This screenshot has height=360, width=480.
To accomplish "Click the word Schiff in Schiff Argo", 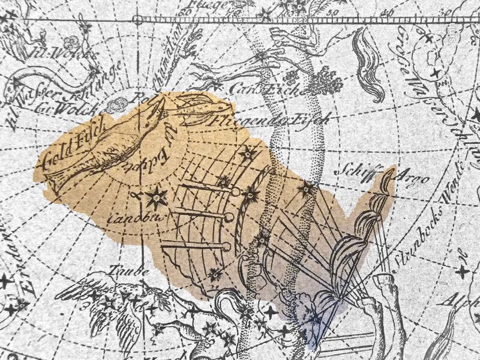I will [x=366, y=169].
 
